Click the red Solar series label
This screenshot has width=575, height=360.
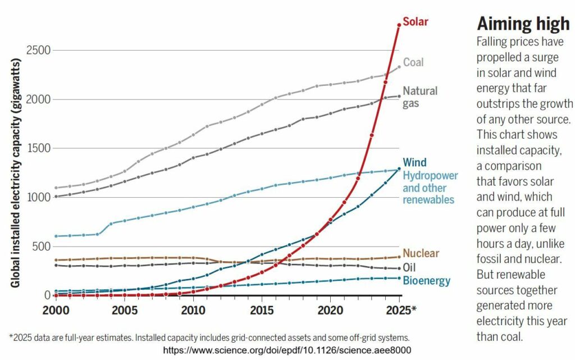pyautogui.click(x=416, y=22)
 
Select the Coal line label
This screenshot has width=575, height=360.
pyautogui.click(x=413, y=62)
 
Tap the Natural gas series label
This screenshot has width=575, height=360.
pyautogui.click(x=420, y=97)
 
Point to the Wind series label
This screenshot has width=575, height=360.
pyautogui.click(x=414, y=163)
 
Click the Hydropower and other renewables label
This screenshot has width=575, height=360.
pyautogui.click(x=431, y=187)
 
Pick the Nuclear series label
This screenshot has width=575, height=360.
pyautogui.click(x=421, y=253)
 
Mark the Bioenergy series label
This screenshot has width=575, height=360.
pyautogui.click(x=427, y=280)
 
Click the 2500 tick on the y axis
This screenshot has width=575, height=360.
pyautogui.click(x=39, y=51)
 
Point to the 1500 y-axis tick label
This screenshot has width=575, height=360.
pyautogui.click(x=39, y=149)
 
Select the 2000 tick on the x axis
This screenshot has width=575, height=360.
pyautogui.click(x=56, y=310)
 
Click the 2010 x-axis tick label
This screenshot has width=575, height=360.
pyautogui.click(x=193, y=310)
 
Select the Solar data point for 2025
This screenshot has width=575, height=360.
pyautogui.click(x=399, y=25)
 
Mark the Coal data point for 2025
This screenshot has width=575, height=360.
pyautogui.click(x=399, y=67)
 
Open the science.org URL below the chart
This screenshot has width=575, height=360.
pyautogui.click(x=287, y=350)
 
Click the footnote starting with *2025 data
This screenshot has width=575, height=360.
pyautogui.click(x=209, y=338)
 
